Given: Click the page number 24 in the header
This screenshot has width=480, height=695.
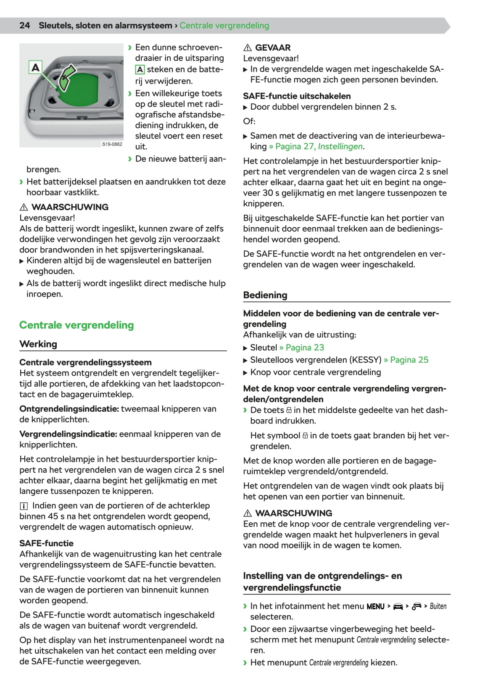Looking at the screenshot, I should pos(24,25).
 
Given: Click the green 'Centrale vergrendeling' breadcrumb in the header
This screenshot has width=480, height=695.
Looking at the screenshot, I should pos(224,25).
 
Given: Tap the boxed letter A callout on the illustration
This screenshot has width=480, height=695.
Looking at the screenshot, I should pos(36,67).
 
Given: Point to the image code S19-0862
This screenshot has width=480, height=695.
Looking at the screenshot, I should pos(112,144).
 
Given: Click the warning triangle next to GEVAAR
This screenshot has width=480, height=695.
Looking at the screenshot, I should pos(248,48).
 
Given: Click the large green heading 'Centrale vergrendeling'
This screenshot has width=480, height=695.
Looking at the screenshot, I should pos(76,325).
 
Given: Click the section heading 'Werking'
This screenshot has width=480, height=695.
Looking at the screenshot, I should pos(38,344).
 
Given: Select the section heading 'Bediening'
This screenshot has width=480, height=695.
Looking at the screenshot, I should pos(265,295).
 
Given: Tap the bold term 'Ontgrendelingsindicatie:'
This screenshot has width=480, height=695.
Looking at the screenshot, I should pos(69,409).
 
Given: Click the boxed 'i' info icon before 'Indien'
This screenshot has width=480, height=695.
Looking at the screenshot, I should pos(24,506).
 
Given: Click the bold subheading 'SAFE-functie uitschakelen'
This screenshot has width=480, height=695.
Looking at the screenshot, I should pos(296,96).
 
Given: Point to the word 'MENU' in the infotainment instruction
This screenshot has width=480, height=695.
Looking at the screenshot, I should pos(375,606).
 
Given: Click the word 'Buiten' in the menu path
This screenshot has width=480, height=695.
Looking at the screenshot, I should pos(438,606).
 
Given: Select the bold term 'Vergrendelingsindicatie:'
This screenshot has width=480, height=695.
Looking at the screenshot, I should pos(68,434).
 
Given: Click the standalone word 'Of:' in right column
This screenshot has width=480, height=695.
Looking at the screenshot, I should pos(249,121).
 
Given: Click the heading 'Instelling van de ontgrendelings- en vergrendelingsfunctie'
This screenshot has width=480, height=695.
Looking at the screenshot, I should pos(322,582).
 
